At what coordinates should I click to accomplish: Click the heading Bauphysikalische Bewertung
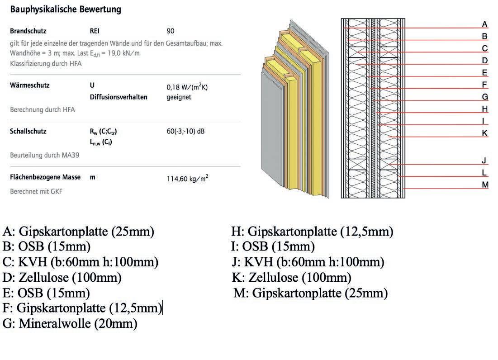66,9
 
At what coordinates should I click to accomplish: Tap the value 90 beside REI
170,31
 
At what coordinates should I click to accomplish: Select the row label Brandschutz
28,31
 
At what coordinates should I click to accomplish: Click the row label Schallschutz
28,132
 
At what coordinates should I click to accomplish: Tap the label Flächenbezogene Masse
45,177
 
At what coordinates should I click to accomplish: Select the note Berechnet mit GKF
36,192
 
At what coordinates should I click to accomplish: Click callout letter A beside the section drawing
484,24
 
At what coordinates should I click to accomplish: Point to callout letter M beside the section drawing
485,185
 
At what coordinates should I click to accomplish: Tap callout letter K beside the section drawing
484,133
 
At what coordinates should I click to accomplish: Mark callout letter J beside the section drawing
484,160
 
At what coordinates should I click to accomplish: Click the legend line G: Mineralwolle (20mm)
70,324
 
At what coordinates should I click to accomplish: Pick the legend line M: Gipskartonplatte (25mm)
310,293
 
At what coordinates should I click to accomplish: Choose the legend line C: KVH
81,262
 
